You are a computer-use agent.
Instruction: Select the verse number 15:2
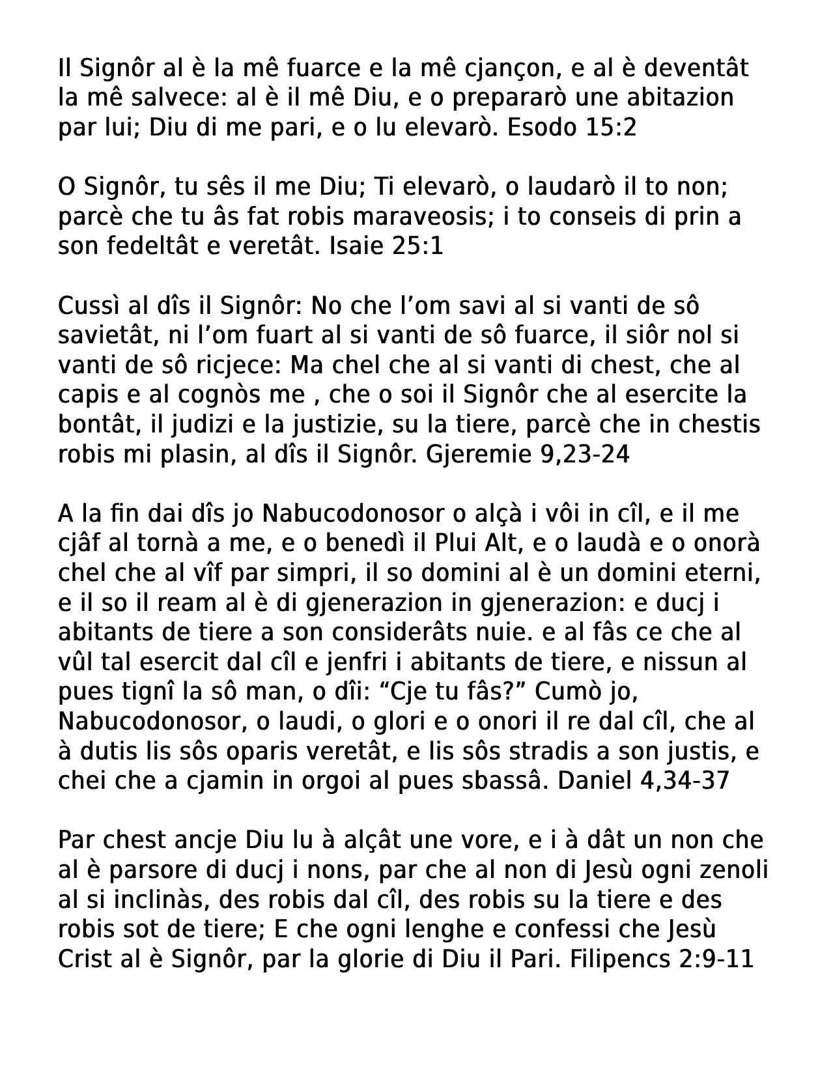coord(611,127)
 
